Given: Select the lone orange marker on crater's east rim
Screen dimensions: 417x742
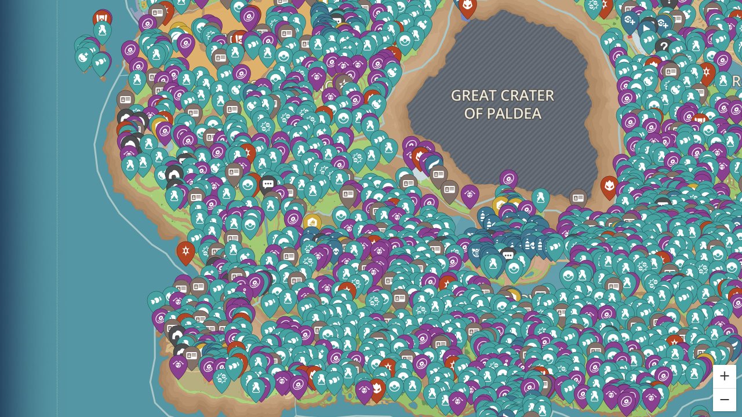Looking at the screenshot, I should point(609,186).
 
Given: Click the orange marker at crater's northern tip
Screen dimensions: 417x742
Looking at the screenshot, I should point(467,6).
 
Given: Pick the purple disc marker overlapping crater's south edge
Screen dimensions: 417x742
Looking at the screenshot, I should point(508,180).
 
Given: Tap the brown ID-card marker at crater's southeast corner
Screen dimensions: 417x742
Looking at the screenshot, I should point(578,198).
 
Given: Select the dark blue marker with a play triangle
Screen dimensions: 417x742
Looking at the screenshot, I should point(648,27).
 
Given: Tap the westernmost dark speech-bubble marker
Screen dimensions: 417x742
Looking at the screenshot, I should point(268,185).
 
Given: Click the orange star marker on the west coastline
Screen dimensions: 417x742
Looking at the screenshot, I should point(185,251).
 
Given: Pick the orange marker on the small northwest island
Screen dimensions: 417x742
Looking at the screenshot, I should point(103,19).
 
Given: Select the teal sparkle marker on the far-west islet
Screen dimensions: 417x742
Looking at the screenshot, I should point(84,57).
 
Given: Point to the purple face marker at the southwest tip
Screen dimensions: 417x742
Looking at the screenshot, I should point(178,365).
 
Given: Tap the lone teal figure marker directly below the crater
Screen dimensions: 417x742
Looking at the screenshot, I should point(540,198).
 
